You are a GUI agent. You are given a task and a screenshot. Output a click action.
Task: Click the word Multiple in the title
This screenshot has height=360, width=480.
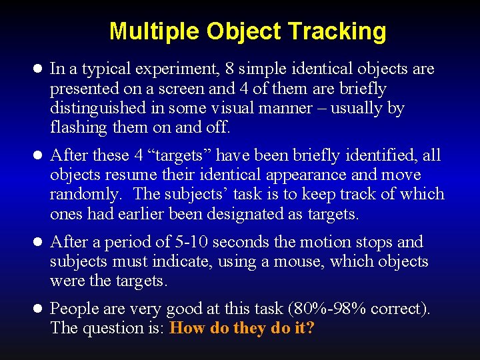[155, 31]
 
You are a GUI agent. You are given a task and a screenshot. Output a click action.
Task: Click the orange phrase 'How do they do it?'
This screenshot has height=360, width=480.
[242, 328]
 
